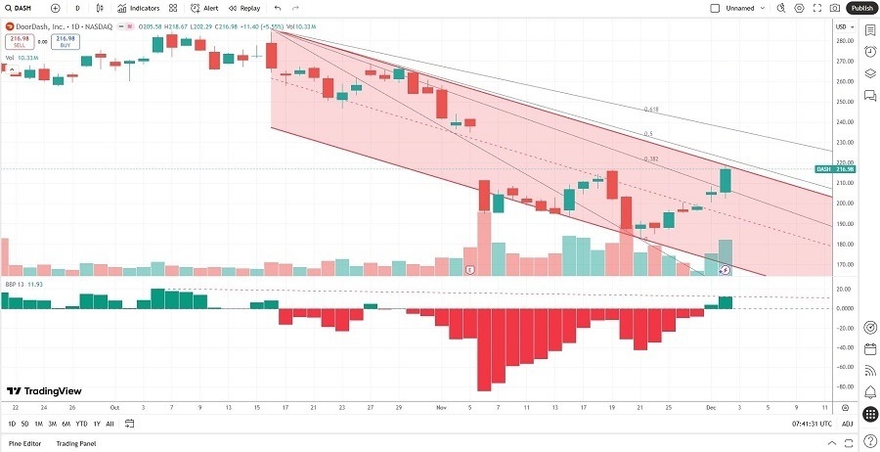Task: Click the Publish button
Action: tap(860, 8)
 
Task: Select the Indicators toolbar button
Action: tap(139, 8)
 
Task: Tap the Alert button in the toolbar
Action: tap(204, 8)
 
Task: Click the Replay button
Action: tap(244, 8)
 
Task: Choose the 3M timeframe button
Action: tap(52, 424)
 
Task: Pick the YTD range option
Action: tap(81, 424)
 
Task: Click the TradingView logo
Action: tap(43, 390)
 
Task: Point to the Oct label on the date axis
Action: tap(114, 407)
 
